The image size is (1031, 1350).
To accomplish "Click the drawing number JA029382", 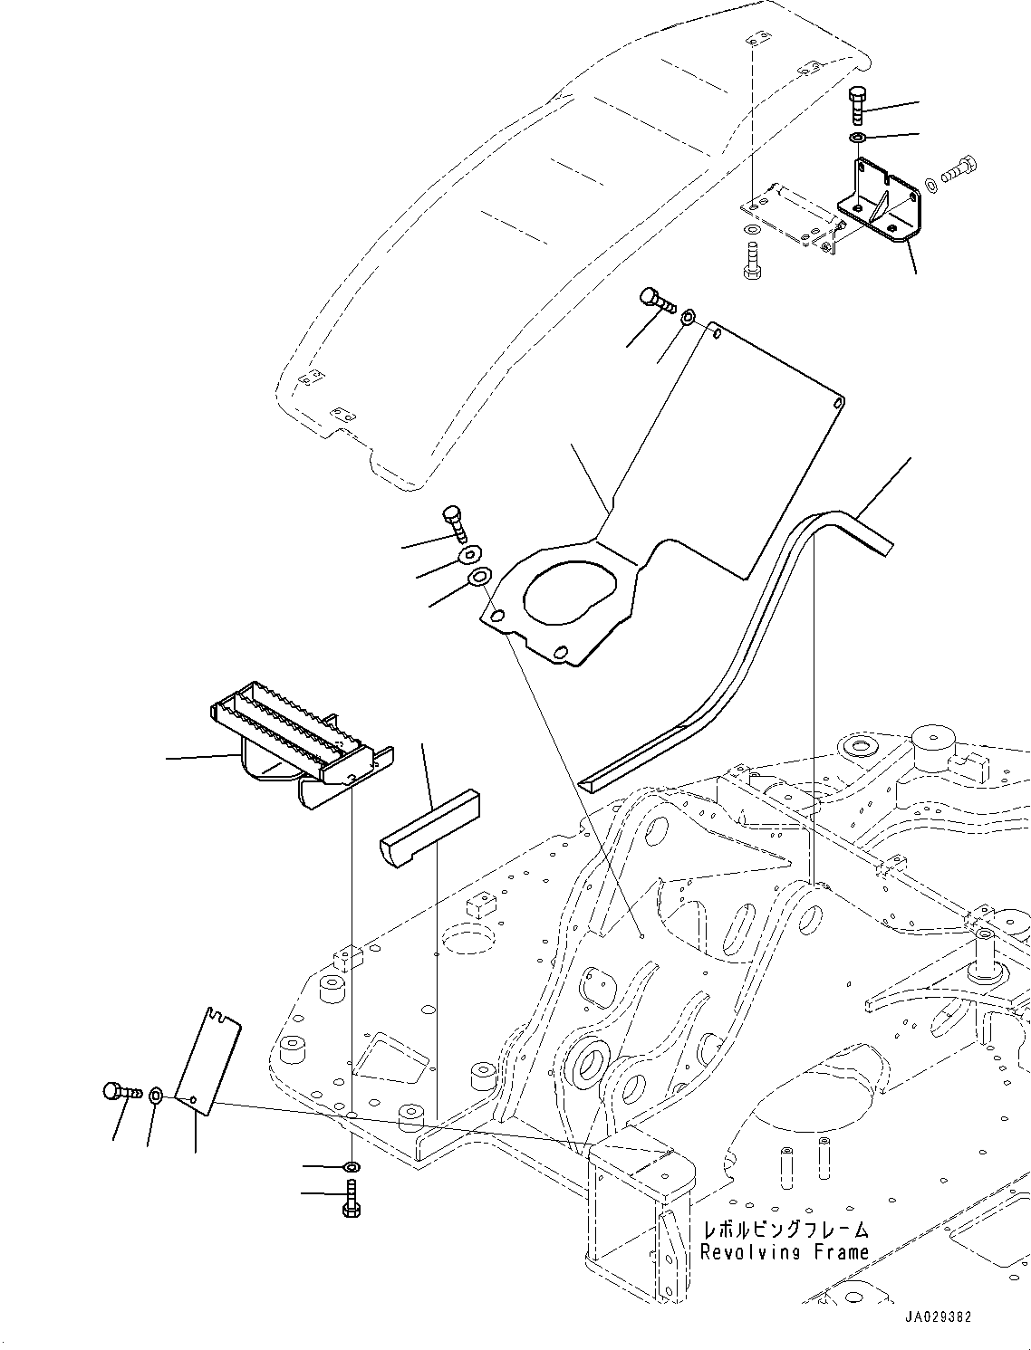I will [938, 1317].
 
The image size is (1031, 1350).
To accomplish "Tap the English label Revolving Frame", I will [784, 1252].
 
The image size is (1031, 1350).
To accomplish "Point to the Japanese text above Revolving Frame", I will [785, 1230].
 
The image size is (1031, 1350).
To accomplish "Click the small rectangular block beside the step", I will [429, 827].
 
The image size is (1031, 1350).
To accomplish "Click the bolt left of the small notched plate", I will [122, 1092].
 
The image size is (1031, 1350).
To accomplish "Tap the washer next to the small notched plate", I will [156, 1096].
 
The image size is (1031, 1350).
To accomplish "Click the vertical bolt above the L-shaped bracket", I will [858, 105].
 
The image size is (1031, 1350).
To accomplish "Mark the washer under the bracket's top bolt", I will [857, 137].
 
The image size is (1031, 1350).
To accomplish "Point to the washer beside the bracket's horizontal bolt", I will [931, 185].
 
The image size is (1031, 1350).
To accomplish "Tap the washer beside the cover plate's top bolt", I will [688, 316].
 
